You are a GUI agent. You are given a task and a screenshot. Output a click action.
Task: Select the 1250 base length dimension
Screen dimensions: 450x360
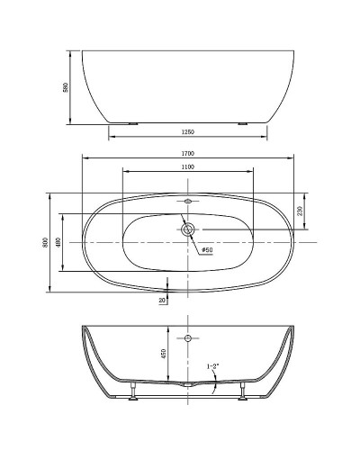(188, 133)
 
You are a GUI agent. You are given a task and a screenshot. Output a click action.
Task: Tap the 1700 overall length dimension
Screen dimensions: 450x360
(188, 154)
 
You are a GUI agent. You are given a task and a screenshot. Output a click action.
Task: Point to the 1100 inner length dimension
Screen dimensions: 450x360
(188, 167)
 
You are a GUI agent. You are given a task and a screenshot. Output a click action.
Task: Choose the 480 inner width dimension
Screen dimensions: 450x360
(58, 243)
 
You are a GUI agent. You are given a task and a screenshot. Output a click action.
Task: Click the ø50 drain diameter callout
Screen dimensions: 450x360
(206, 249)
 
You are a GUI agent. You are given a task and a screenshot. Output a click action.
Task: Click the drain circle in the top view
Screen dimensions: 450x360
(188, 229)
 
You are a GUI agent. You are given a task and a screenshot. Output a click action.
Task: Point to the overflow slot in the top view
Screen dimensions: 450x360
(188, 202)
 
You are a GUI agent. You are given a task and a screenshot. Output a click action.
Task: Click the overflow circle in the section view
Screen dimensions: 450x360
(188, 339)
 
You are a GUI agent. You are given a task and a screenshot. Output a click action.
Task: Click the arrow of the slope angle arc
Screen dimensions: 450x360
(213, 389)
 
